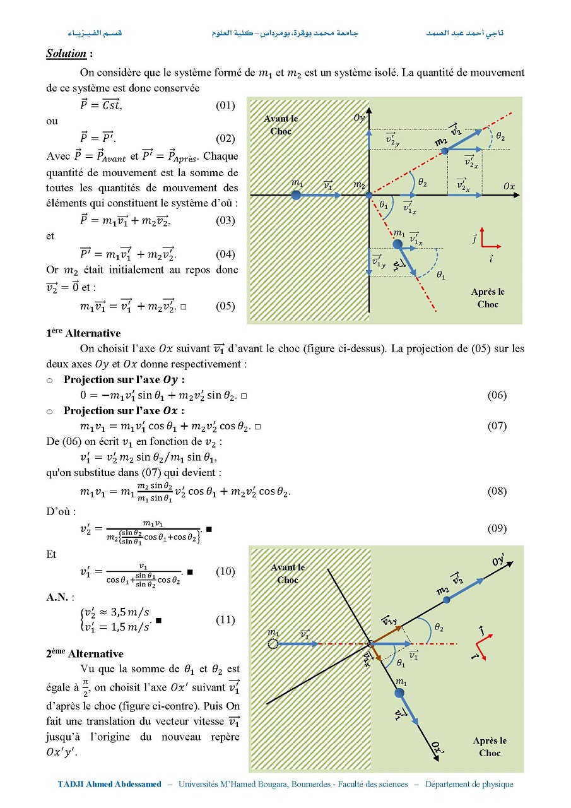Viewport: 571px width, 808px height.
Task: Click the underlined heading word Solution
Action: [x=66, y=54]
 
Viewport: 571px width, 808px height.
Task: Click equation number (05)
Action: [x=225, y=306]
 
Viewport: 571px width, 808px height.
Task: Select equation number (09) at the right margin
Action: [x=497, y=528]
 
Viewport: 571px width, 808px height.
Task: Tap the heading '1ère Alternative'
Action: [x=83, y=333]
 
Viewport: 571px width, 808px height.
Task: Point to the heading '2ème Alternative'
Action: [x=84, y=653]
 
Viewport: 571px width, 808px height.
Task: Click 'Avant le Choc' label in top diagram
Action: [x=281, y=124]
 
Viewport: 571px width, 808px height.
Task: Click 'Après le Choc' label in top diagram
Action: [x=488, y=298]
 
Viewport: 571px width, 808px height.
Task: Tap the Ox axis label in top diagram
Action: [x=509, y=186]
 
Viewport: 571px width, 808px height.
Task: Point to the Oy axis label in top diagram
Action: [x=359, y=117]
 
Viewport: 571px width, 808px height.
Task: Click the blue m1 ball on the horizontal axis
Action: [x=296, y=196]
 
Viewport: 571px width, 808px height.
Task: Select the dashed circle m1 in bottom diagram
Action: [x=273, y=644]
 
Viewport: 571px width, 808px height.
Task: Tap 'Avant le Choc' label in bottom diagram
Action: [x=288, y=573]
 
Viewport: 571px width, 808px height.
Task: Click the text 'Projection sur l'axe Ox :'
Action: [x=124, y=410]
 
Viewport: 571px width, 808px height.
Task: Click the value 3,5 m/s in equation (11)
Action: [x=130, y=612]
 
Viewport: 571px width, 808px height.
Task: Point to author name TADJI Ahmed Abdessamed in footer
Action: [x=110, y=784]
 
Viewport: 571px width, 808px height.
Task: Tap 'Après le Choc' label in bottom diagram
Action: [x=490, y=747]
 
